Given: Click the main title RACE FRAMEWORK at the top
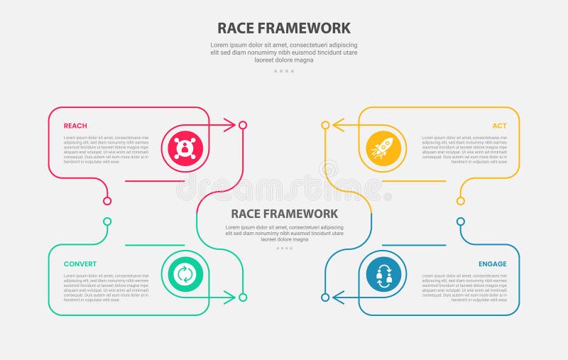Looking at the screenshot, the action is (284, 28).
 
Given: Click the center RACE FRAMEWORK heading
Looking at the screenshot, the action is (284, 214).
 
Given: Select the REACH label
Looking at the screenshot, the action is (75, 126).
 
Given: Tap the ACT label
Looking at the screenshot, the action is (499, 126).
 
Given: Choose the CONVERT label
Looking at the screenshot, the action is (80, 264).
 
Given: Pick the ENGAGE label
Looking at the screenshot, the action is (492, 264).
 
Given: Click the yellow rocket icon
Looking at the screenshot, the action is (383, 148).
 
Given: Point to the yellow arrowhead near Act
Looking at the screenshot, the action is (339, 125).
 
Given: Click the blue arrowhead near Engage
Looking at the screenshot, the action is (339, 297).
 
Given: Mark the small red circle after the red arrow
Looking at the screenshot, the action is (243, 125).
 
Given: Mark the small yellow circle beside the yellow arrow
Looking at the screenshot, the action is (325, 125).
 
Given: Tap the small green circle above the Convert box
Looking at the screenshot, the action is (107, 222).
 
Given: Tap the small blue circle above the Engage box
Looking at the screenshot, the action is (461, 222).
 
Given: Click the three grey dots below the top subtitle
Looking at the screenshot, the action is (284, 71).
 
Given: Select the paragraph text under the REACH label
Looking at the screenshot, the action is (106, 149).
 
